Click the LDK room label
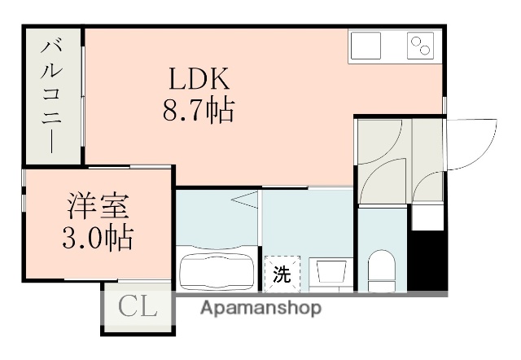tap(201, 79)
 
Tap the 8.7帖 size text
tap(200, 109)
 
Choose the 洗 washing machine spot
tap(281, 273)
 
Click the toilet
tap(381, 269)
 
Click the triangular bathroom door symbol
tap(244, 199)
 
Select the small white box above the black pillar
tap(427, 217)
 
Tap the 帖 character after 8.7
tap(220, 109)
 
